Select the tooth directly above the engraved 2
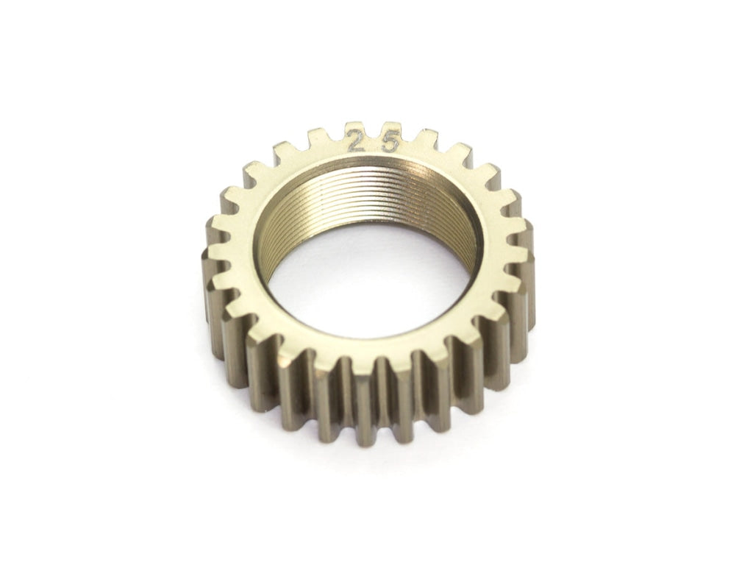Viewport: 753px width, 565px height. pyautogui.click(x=354, y=128)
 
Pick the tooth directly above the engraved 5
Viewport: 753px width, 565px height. pyautogui.click(x=390, y=128)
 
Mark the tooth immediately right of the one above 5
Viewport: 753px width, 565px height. pyautogui.click(x=425, y=135)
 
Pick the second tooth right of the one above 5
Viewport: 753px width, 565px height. pyautogui.click(x=457, y=152)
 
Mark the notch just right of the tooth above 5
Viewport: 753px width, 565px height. pyautogui.click(x=408, y=137)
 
